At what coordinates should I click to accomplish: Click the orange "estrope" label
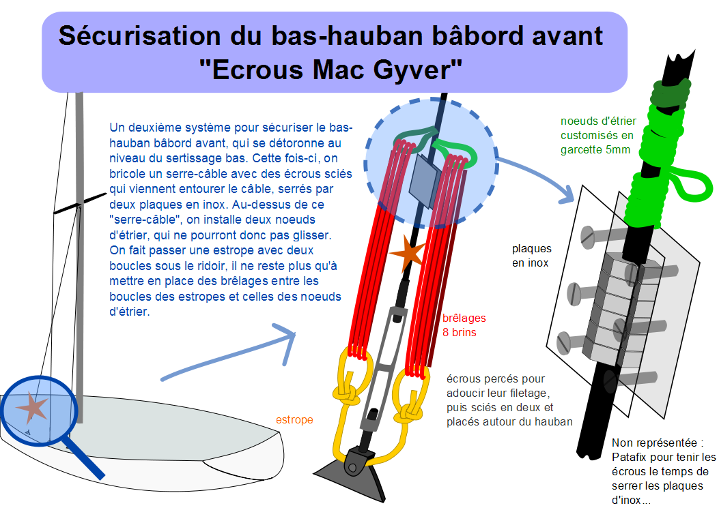point(294,419)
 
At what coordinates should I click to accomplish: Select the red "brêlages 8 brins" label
point(464,325)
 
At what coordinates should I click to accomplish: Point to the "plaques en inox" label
point(531,255)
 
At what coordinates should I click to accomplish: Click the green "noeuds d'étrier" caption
point(598,135)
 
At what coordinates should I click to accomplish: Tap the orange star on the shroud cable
point(408,253)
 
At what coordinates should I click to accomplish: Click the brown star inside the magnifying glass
point(32,407)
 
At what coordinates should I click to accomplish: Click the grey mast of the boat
point(79,256)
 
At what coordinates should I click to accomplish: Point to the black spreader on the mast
point(80,203)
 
